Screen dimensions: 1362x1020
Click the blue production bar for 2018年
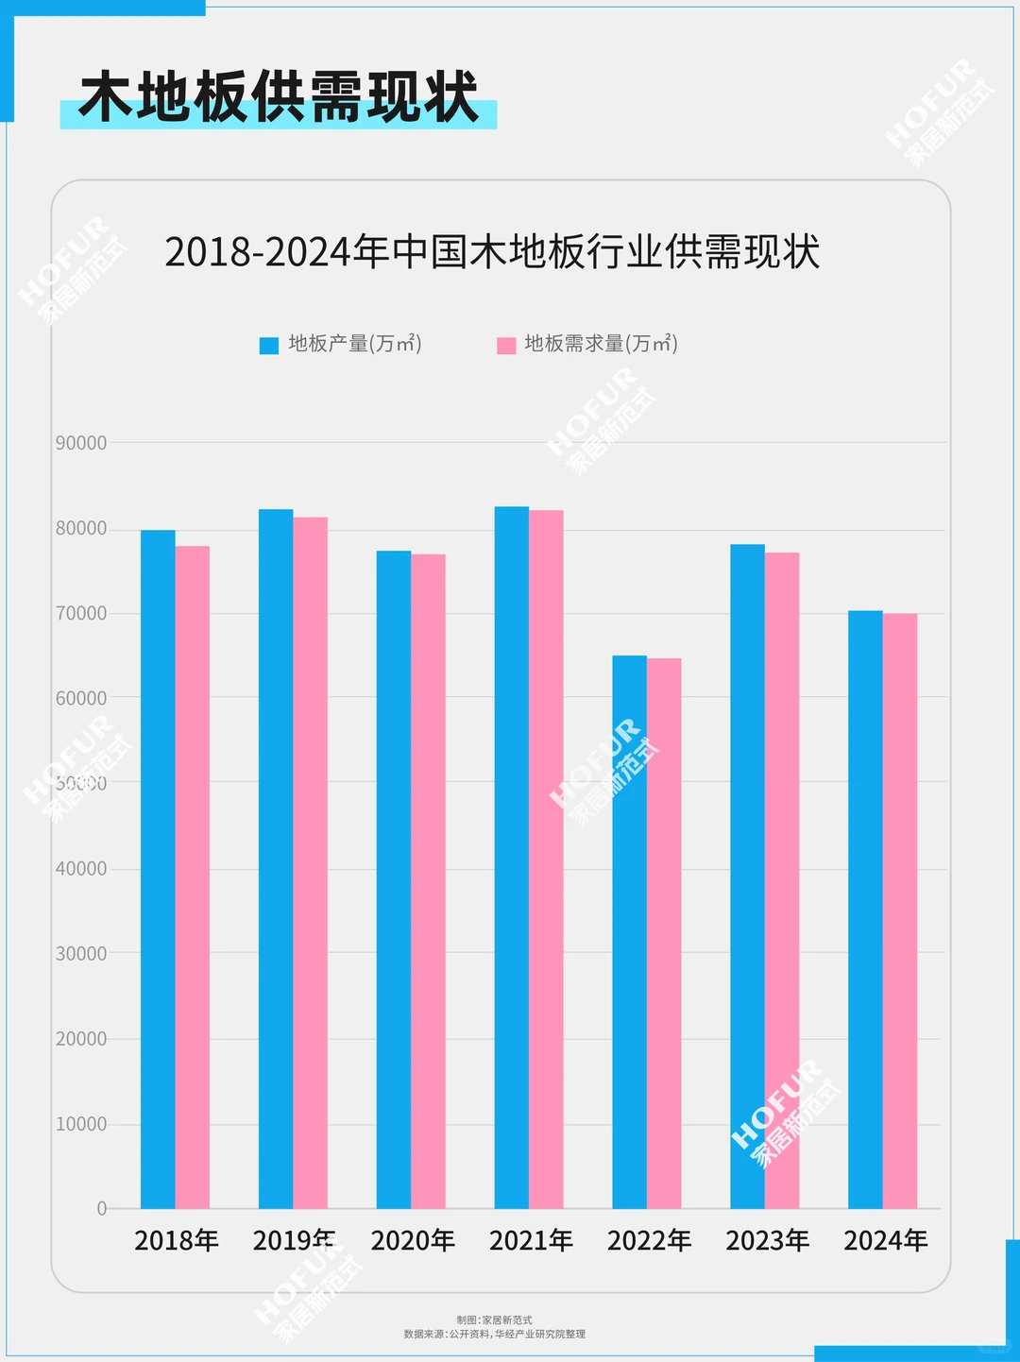click(x=158, y=869)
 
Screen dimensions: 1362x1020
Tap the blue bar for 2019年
click(x=276, y=859)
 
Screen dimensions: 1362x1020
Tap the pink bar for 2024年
click(x=900, y=911)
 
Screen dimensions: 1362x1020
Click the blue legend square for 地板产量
click(x=269, y=345)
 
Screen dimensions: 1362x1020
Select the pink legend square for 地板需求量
click(x=506, y=345)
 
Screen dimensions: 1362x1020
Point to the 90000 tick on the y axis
click(x=81, y=443)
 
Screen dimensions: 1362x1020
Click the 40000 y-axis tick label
click(x=81, y=869)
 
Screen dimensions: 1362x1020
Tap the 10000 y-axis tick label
click(x=81, y=1124)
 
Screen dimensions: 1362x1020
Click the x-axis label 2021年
click(x=531, y=1240)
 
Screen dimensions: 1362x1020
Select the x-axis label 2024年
click(x=885, y=1240)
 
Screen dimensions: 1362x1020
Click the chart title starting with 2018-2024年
click(x=492, y=252)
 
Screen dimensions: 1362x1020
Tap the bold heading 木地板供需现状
click(x=279, y=97)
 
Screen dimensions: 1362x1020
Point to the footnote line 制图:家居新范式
click(x=494, y=1319)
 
